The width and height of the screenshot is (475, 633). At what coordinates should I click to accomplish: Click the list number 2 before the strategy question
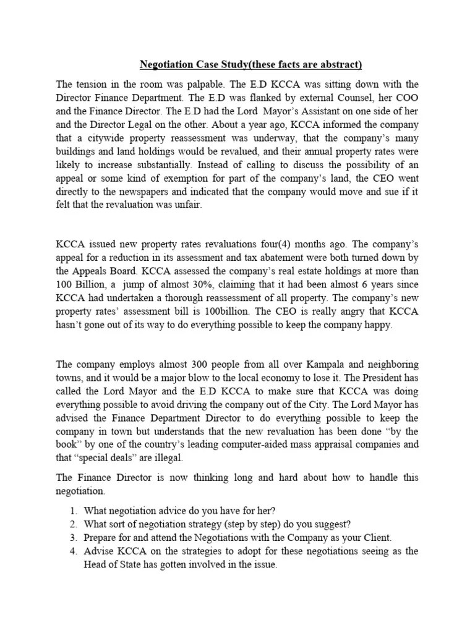click(73, 525)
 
